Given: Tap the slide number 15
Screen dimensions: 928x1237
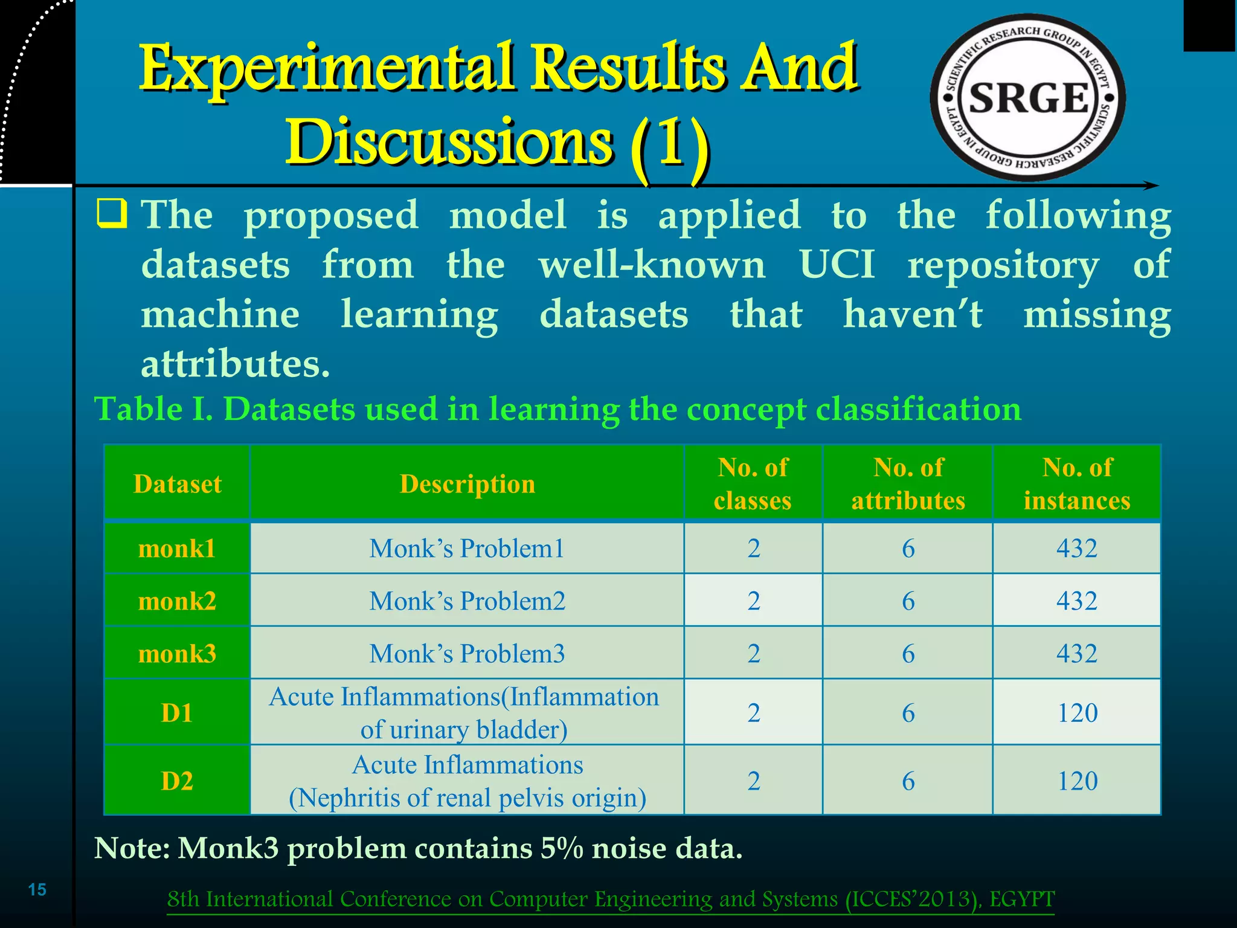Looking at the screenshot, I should pyautogui.click(x=37, y=889).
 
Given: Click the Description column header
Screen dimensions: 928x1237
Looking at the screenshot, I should pyautogui.click(x=467, y=484).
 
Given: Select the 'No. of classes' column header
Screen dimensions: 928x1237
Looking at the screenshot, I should pyautogui.click(x=753, y=484).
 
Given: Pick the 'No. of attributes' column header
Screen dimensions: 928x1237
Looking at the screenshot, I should pyautogui.click(x=908, y=484).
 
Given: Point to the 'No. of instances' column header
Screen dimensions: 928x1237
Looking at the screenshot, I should pyautogui.click(x=1077, y=484).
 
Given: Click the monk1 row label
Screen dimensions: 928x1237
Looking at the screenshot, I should pyautogui.click(x=177, y=549).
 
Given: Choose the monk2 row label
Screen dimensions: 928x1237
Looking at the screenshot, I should pyautogui.click(x=177, y=601).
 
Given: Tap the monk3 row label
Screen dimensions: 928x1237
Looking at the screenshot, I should pyautogui.click(x=177, y=654).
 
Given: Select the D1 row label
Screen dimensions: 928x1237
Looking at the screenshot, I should pyautogui.click(x=177, y=713).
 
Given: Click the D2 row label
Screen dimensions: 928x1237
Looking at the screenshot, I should pyautogui.click(x=177, y=781).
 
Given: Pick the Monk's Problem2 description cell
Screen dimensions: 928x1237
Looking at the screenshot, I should pyautogui.click(x=467, y=601).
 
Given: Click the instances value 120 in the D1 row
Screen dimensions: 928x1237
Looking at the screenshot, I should pyautogui.click(x=1077, y=713).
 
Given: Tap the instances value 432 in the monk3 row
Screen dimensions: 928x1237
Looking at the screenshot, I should pyautogui.click(x=1077, y=654).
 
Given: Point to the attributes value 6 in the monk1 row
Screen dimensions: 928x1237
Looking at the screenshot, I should pyautogui.click(x=908, y=549).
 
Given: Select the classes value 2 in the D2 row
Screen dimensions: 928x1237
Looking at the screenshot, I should pyautogui.click(x=753, y=781).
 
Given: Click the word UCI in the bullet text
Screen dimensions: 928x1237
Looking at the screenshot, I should pyautogui.click(x=837, y=265).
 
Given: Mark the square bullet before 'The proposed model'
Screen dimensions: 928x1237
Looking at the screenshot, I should pyautogui.click(x=112, y=214).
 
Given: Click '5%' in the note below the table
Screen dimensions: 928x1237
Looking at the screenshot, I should pyautogui.click(x=562, y=848).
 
